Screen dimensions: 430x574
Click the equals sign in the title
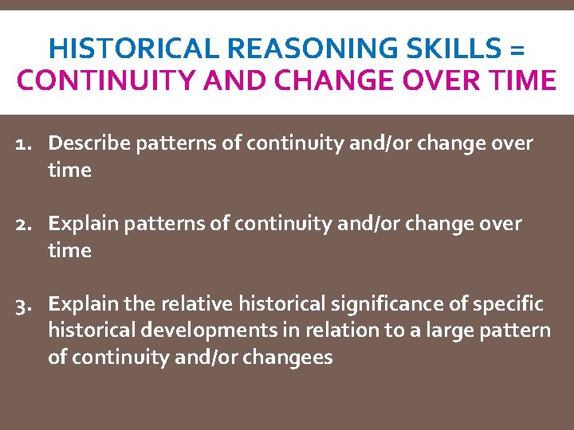(x=516, y=49)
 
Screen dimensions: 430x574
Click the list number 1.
(x=27, y=143)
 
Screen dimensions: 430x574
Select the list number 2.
(x=26, y=224)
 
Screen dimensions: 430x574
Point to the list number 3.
(x=26, y=304)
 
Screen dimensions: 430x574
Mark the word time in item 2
(x=69, y=251)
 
